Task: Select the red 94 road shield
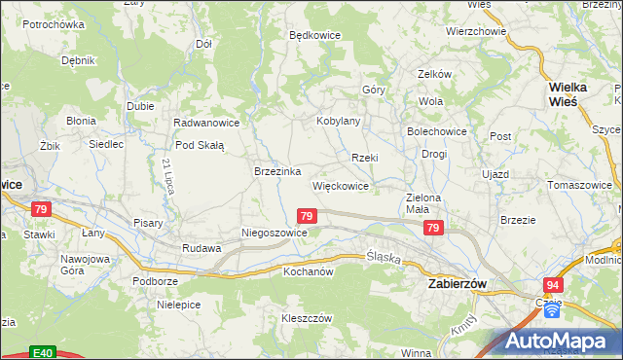click(553, 284)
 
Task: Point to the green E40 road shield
click(41, 352)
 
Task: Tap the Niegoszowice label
click(275, 234)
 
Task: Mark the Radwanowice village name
click(206, 123)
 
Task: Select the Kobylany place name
click(339, 122)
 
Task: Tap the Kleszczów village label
click(308, 318)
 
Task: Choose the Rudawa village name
click(202, 248)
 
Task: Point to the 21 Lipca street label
click(168, 175)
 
